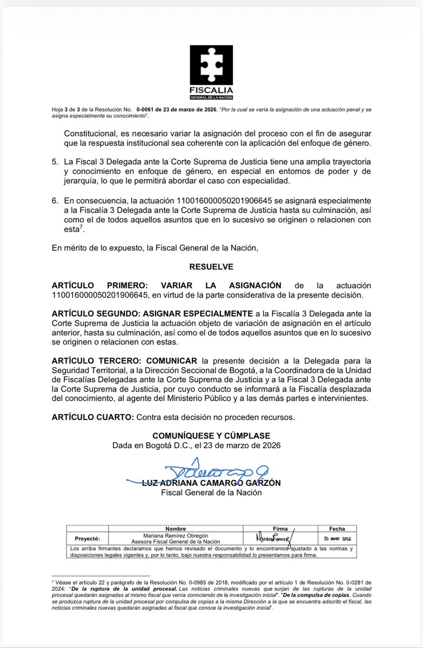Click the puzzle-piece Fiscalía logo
tap(211, 66)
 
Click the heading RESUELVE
tap(211, 267)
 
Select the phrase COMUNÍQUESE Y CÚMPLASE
tap(211, 436)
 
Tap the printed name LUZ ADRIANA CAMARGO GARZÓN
tap(211, 483)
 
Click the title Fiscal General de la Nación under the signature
tap(211, 492)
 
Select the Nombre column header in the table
tap(176, 529)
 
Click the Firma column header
tap(280, 529)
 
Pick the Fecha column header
tap(337, 529)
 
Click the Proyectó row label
tap(87, 538)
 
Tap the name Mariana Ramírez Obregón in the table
tap(176, 535)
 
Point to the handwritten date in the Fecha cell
tap(337, 538)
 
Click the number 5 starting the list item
tap(55, 162)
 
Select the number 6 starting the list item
tap(55, 200)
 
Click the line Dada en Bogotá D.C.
tap(197, 446)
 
